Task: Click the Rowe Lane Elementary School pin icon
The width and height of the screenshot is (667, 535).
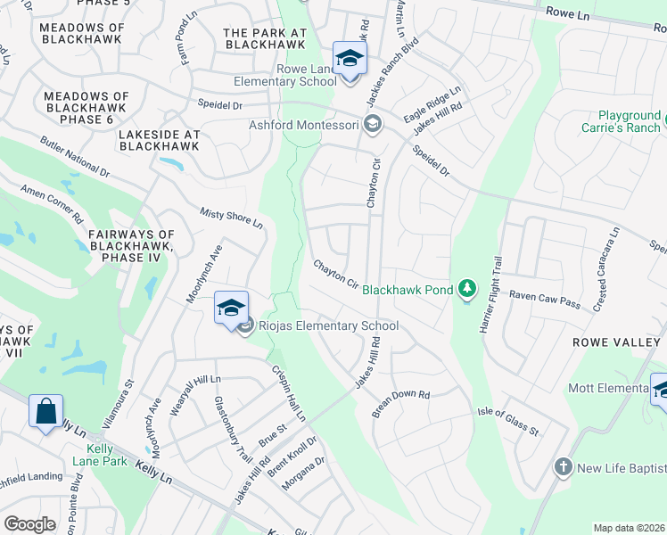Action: click(350, 60)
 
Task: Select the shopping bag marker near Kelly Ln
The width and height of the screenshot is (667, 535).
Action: click(45, 412)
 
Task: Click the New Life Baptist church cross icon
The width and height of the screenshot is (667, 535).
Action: click(562, 467)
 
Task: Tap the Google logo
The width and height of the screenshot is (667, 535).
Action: click(30, 524)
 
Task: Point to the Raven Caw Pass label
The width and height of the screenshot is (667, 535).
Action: click(544, 299)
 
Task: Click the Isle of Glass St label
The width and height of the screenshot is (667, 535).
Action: click(508, 419)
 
